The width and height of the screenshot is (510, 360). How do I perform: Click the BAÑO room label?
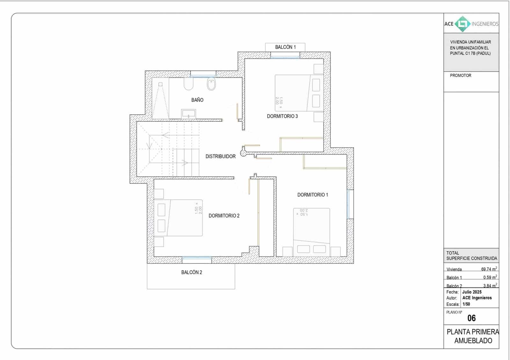[x=197, y=100]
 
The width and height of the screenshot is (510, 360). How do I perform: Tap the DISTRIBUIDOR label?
[x=220, y=156]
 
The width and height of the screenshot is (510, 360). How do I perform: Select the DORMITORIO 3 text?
[x=282, y=116]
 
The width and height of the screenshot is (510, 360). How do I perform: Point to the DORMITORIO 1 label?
[x=312, y=195]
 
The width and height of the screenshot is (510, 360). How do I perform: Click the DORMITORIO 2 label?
[x=224, y=216]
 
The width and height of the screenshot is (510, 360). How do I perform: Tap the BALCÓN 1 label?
[x=285, y=47]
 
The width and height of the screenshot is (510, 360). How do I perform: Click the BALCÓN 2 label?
[x=192, y=272]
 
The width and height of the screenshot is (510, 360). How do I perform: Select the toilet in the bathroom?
[x=211, y=85]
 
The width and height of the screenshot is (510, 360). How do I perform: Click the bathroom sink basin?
[x=189, y=113]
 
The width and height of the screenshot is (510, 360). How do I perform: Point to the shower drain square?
[x=160, y=84]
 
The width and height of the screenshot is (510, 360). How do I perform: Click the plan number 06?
[x=471, y=318]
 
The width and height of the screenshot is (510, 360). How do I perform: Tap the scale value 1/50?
[x=466, y=304]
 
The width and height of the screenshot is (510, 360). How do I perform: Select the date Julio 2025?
[x=472, y=292]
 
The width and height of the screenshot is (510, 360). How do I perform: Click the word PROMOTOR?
[x=460, y=76]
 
